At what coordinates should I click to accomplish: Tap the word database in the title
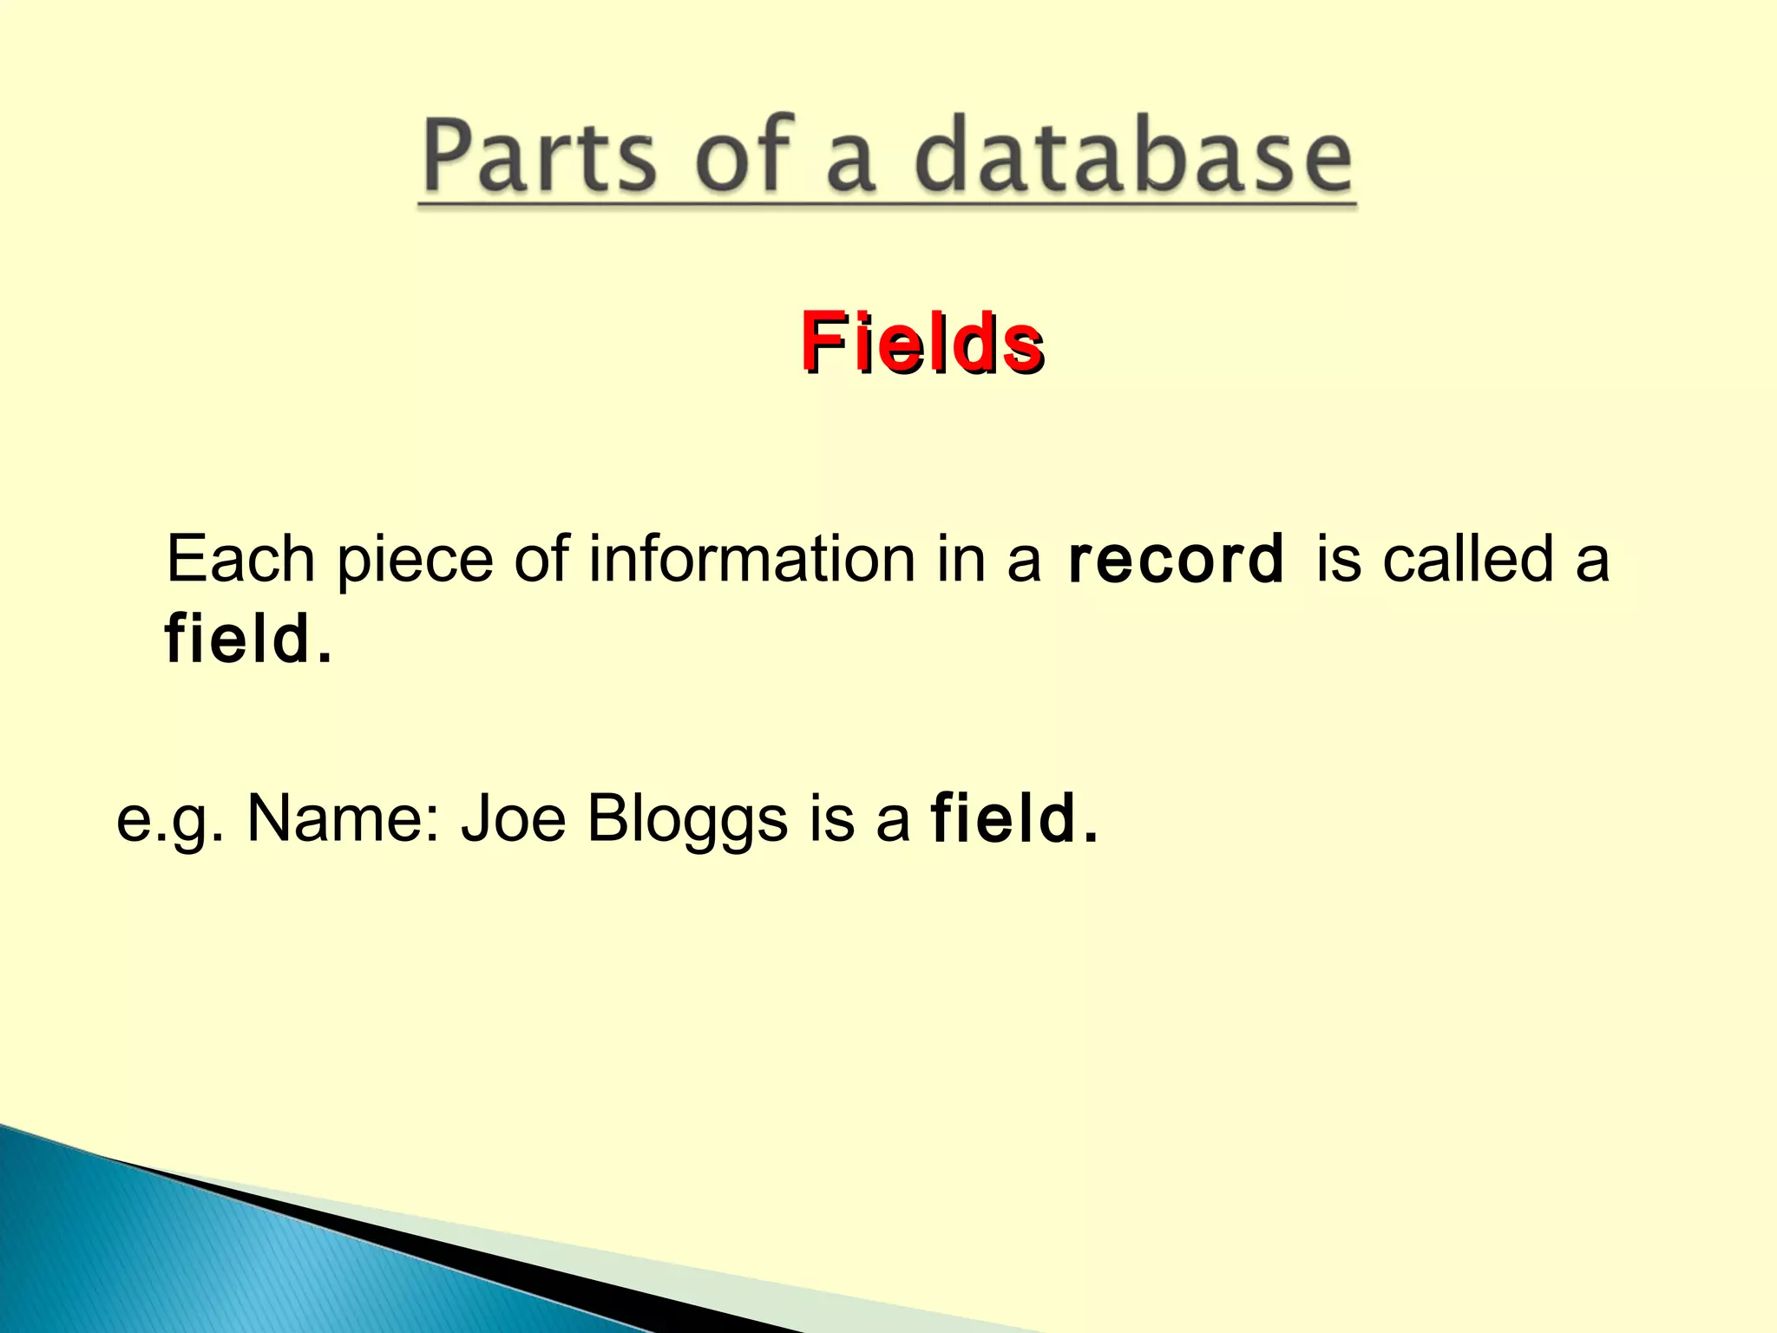(1132, 156)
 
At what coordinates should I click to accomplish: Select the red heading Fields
(921, 343)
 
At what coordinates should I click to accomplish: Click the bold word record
(1176, 560)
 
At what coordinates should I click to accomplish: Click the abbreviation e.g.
(170, 820)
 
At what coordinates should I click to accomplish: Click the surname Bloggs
(687, 820)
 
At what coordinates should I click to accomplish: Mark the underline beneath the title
(887, 206)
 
